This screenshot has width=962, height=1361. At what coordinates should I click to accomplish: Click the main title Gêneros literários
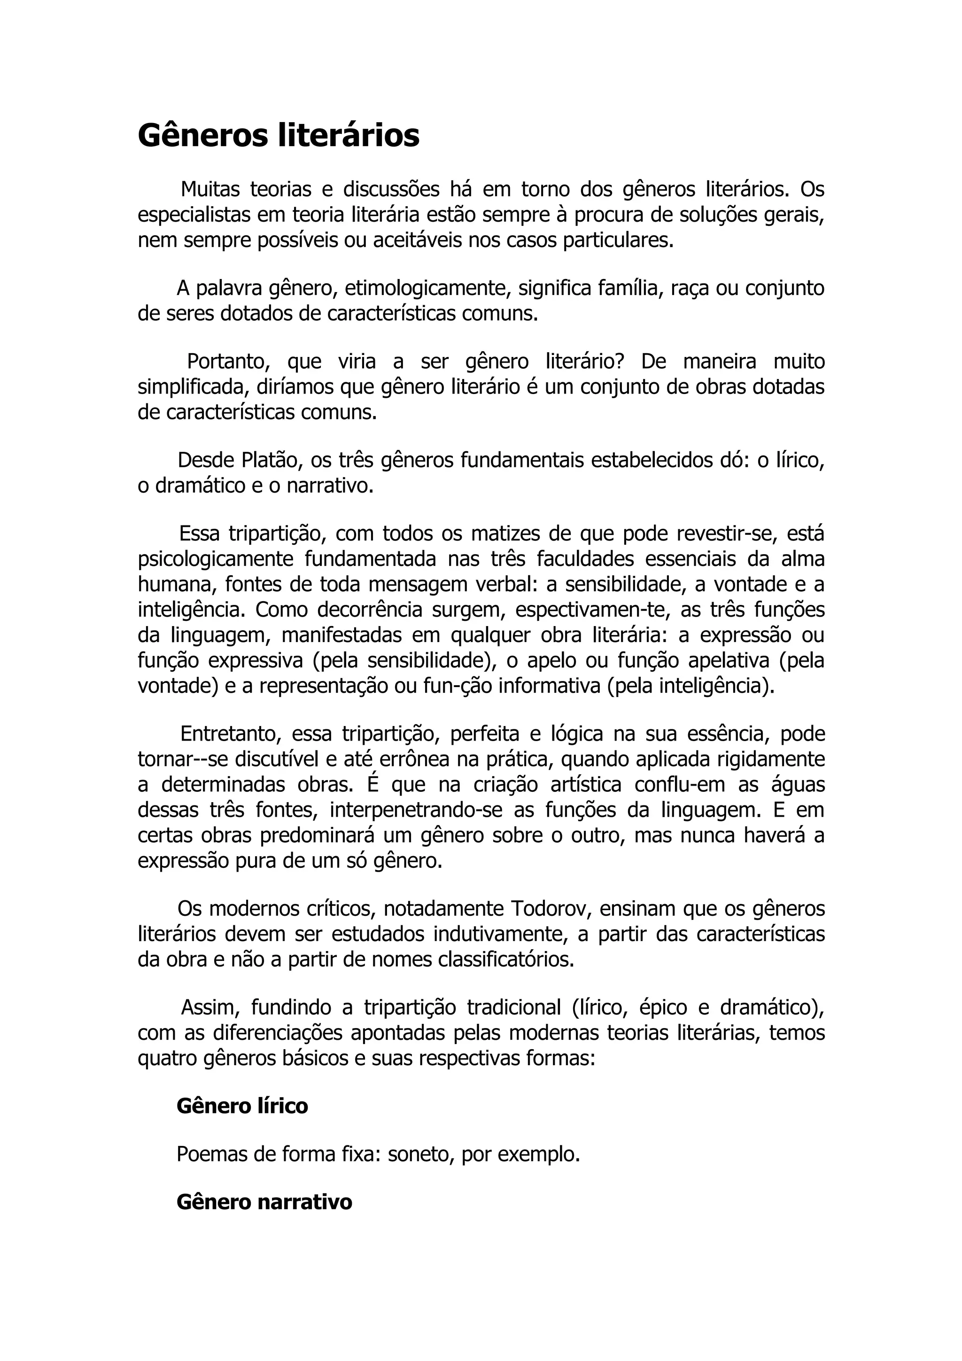[279, 136]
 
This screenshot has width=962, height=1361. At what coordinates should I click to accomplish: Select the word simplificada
[188, 387]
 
